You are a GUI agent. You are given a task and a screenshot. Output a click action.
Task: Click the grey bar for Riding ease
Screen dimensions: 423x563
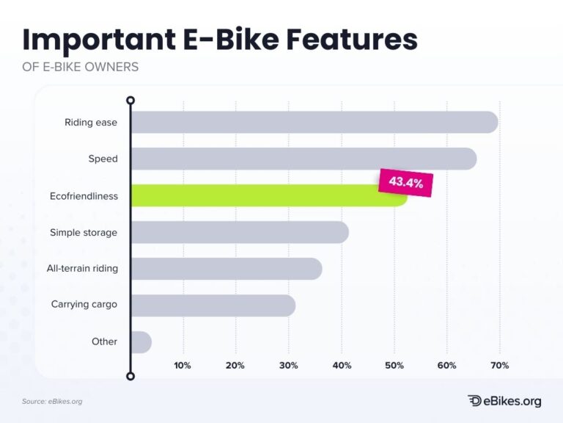(314, 122)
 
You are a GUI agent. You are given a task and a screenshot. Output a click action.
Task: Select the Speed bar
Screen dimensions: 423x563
(303, 159)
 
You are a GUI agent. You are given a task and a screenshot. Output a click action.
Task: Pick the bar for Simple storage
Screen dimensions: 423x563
(239, 232)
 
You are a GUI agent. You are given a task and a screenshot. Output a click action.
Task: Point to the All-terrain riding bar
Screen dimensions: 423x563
(226, 269)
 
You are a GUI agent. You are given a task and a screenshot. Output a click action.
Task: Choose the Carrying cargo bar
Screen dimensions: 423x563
(213, 305)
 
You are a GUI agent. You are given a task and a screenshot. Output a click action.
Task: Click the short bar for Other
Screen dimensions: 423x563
(141, 342)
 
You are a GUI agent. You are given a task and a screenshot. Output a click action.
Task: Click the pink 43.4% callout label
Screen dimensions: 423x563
(405, 183)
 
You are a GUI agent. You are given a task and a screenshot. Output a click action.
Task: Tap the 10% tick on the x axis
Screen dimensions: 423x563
(183, 366)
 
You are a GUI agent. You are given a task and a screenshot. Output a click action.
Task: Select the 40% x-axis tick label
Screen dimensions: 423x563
(341, 366)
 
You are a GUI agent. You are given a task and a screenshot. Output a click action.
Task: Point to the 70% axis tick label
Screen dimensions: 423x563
(499, 366)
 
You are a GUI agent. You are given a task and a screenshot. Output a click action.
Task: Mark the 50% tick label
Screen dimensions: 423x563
(394, 366)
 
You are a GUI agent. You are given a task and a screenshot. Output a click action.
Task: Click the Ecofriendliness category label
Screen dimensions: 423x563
(83, 195)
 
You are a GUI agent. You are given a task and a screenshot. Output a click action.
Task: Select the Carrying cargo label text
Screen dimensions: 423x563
(84, 304)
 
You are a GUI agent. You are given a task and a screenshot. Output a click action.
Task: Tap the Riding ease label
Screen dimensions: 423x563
(91, 122)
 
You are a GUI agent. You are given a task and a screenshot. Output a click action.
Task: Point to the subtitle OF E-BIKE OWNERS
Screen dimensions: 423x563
(80, 67)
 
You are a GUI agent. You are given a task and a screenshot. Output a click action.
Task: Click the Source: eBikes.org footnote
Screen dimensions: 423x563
(52, 401)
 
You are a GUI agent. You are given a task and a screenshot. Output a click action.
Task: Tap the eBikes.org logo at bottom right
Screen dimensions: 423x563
(504, 400)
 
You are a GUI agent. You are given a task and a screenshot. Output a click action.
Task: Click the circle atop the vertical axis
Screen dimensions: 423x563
(130, 100)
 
